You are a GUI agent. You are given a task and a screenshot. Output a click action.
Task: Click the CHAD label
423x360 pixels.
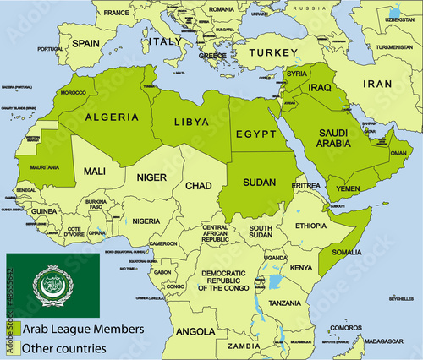[198, 185]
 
